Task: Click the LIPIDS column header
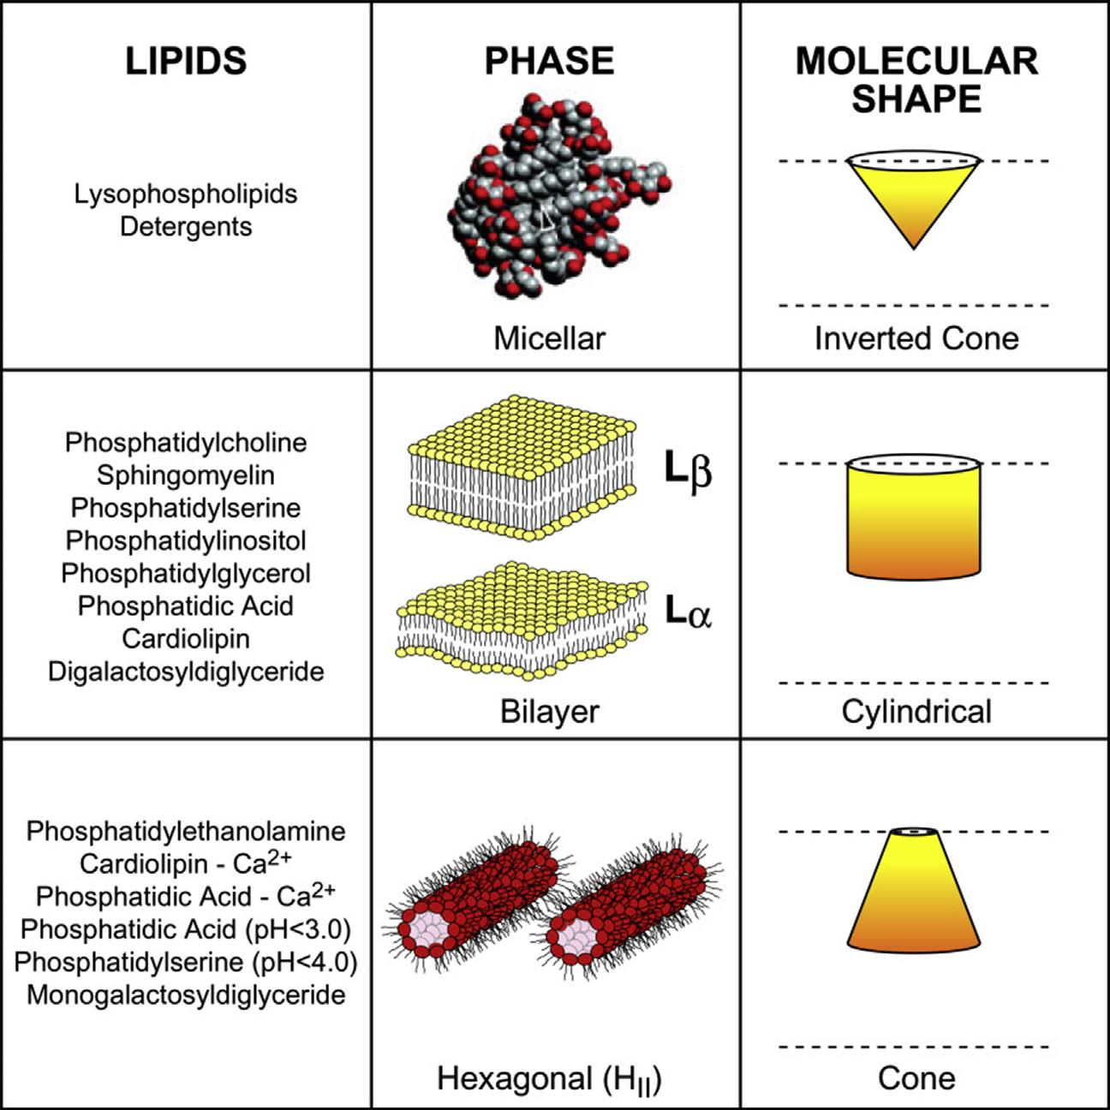186,61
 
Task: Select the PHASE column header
549,61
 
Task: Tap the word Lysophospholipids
186,194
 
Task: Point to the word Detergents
186,227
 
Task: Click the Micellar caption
549,338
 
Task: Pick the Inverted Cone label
916,338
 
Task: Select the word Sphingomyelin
186,475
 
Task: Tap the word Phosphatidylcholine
186,443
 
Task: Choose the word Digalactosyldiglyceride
186,671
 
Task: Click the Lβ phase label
688,469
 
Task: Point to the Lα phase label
688,612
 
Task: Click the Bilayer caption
549,712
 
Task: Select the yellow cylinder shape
913,519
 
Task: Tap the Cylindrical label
916,712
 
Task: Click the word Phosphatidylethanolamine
186,831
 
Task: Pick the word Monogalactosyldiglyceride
186,995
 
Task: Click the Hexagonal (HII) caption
549,1079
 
